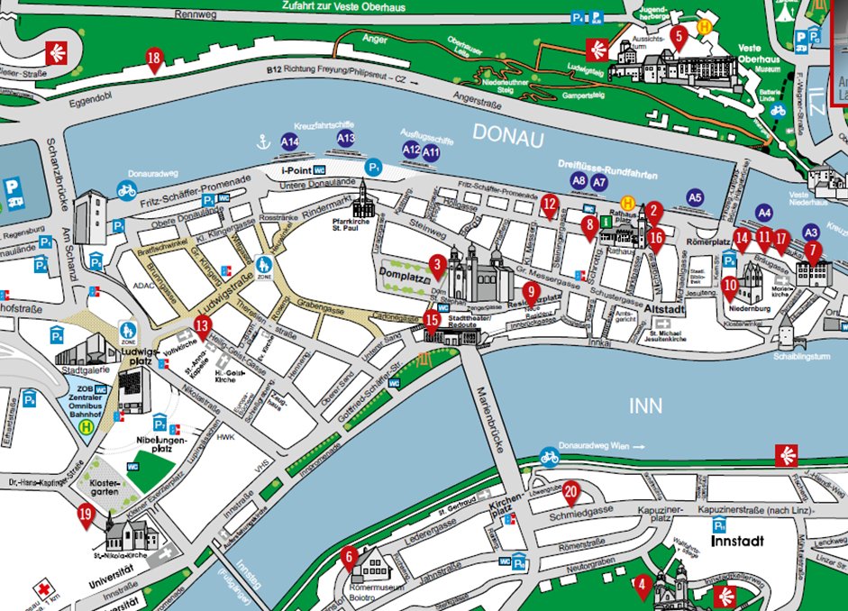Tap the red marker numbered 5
[x=679, y=36]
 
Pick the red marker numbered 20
[x=570, y=492]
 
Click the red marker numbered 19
[x=86, y=515]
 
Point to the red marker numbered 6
[x=349, y=558]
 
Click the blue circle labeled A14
[x=289, y=142]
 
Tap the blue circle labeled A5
[x=694, y=196]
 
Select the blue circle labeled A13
[x=346, y=139]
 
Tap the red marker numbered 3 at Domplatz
[x=437, y=264]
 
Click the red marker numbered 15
[x=432, y=318]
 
